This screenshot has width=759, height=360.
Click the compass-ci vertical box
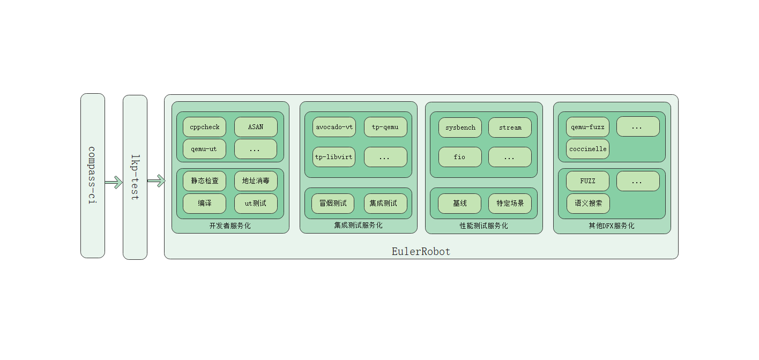(93, 176)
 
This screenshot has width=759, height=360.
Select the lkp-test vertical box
(135, 177)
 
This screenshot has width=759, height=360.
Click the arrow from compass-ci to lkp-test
(114, 183)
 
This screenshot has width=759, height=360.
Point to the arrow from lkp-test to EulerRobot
(156, 182)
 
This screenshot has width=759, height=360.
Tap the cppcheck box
(204, 127)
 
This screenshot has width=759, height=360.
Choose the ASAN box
(256, 127)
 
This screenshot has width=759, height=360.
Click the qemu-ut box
(204, 149)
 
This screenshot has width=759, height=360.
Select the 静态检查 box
(204, 181)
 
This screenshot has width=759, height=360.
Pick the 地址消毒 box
(256, 181)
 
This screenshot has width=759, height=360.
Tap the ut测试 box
(256, 204)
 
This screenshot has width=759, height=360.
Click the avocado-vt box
(334, 127)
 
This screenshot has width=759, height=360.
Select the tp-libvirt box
(334, 157)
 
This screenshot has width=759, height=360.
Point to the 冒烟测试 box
(333, 204)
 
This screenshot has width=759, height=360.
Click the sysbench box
(460, 127)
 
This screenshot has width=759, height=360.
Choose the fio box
(460, 157)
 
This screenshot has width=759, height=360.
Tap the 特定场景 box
(510, 204)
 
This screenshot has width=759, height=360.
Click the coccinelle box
(588, 149)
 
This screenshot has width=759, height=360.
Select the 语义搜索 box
(588, 204)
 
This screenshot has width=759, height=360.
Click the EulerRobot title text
(421, 251)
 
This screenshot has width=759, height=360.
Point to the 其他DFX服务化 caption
(612, 226)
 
